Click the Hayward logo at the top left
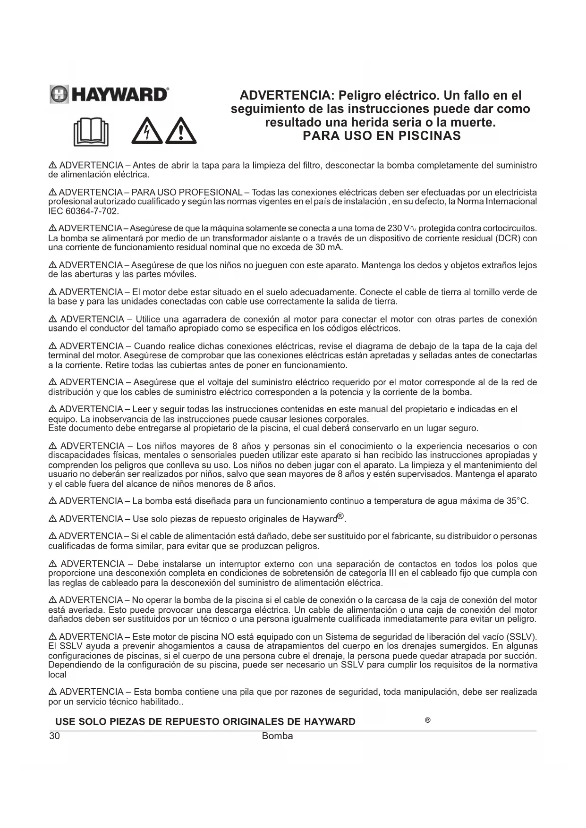[x=109, y=94]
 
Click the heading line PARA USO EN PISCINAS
[x=381, y=136]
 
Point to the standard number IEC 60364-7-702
[x=83, y=211]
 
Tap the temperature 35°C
[x=517, y=501]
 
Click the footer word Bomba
[x=277, y=736]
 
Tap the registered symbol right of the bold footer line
[x=427, y=720]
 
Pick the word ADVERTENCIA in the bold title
[x=286, y=96]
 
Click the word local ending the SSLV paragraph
[x=58, y=675]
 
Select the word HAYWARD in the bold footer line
[x=330, y=722]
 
